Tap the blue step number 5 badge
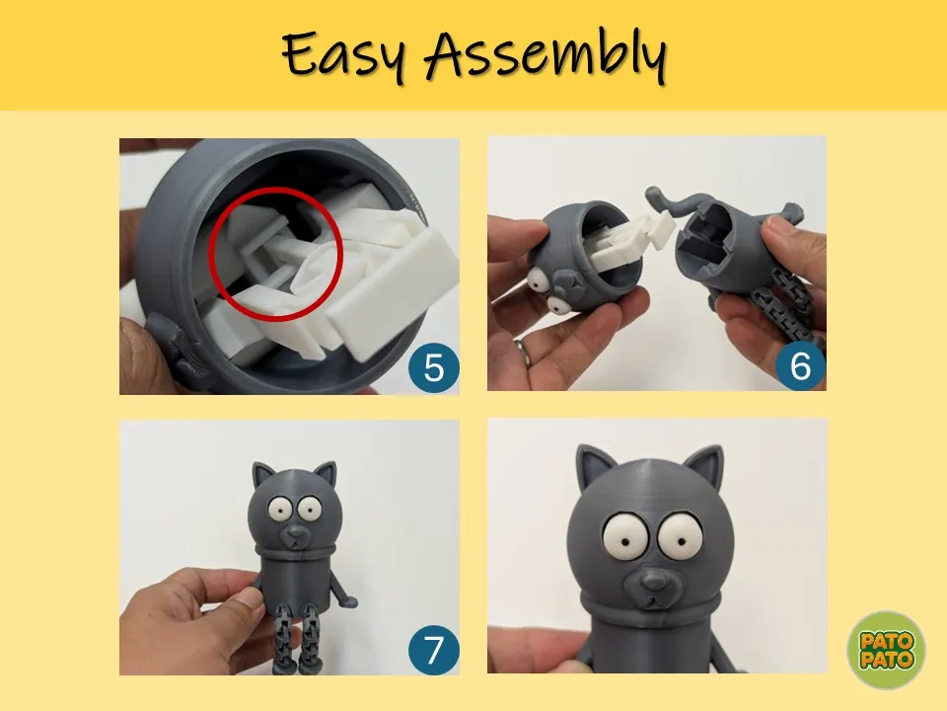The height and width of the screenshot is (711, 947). [x=434, y=368]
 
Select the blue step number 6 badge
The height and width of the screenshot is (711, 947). [x=800, y=365]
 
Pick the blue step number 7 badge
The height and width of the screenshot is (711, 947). [x=434, y=650]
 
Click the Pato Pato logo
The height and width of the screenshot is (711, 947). [x=886, y=650]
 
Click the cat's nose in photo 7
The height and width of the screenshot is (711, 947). [x=295, y=531]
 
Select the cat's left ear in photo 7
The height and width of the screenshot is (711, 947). [x=261, y=475]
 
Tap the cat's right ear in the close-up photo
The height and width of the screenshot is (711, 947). [x=705, y=465]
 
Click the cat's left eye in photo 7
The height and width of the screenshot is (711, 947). [x=279, y=511]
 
